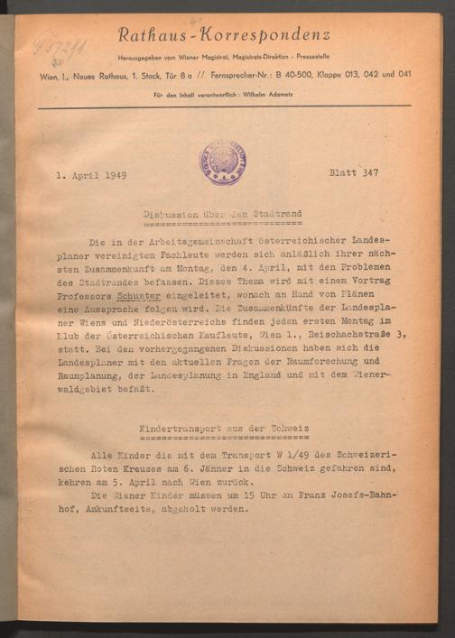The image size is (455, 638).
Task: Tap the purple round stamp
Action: click(x=222, y=162)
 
